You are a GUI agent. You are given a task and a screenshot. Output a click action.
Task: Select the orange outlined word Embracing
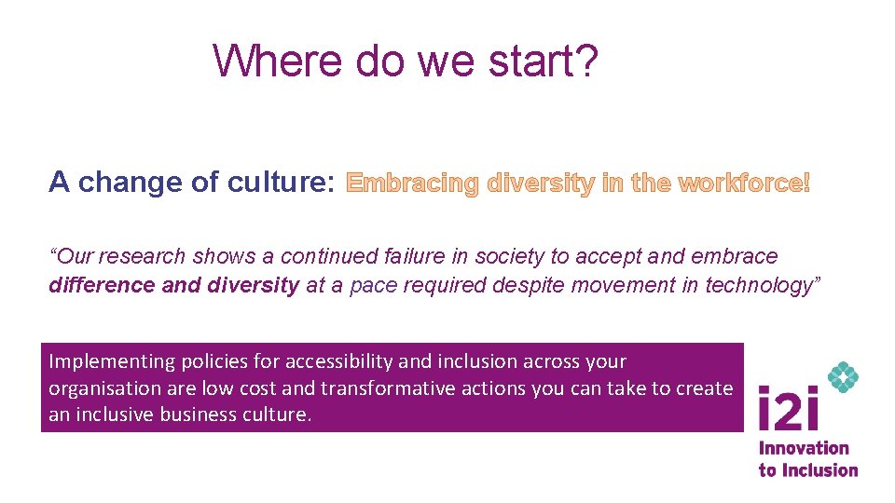[x=411, y=184]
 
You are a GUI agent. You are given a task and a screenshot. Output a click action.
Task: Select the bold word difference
[x=102, y=285]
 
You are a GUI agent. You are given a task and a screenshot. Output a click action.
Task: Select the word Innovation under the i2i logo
[x=804, y=449]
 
